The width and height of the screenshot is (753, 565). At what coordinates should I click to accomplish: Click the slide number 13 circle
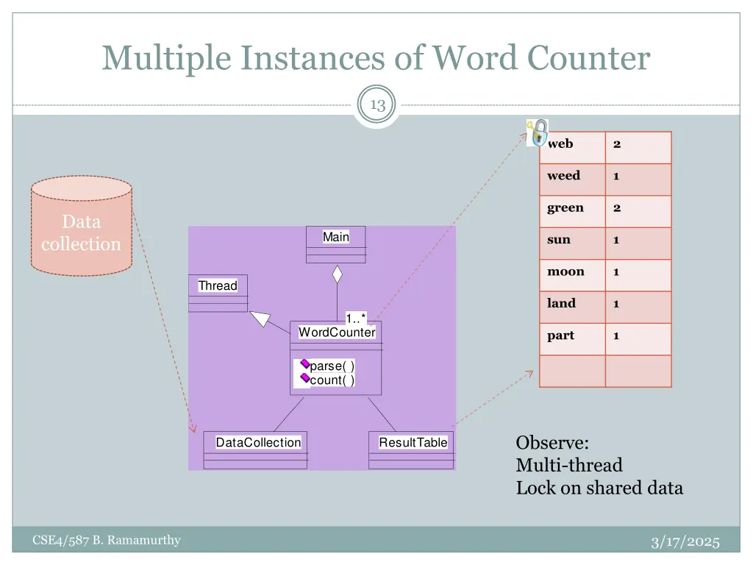(377, 105)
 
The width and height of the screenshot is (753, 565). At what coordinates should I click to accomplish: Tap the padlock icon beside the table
(539, 133)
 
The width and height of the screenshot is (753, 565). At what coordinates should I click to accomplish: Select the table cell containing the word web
(571, 144)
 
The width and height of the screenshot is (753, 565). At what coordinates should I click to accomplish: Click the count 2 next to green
(617, 208)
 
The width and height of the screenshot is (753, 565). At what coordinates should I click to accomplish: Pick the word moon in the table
(565, 272)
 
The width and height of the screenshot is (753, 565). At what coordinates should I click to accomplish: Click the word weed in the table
(563, 176)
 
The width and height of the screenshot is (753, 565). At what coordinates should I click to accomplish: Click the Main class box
(336, 244)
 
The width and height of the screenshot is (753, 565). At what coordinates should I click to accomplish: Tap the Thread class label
(218, 285)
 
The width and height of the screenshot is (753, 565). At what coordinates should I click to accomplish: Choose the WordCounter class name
(337, 333)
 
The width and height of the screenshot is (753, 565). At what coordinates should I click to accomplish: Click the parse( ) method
(332, 366)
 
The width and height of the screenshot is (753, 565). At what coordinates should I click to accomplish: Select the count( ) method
(332, 380)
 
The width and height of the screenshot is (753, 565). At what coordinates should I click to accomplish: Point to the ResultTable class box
(412, 449)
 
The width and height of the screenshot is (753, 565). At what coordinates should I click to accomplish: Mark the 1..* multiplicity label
(356, 318)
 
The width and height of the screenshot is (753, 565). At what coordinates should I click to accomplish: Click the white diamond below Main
(337, 274)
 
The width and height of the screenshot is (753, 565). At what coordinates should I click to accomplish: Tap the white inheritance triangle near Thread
(260, 318)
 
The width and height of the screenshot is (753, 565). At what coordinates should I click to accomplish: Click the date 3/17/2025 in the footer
(685, 542)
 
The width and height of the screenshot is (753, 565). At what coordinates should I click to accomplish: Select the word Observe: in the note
(552, 443)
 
